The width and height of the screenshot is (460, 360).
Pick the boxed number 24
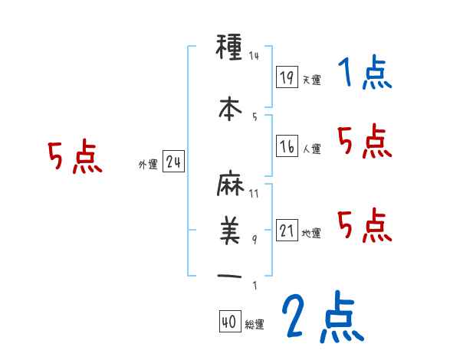pos(173,162)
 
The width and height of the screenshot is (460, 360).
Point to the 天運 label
pos(311,80)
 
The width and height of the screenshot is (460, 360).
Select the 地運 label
pos(311,234)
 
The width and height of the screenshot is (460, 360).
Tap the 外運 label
pos(147,165)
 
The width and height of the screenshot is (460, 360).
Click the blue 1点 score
pos(365,74)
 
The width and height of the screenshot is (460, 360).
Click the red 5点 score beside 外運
pos(74,158)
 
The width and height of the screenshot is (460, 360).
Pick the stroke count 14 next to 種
pos(255,56)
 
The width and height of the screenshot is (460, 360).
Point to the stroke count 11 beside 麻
pos(254,193)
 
